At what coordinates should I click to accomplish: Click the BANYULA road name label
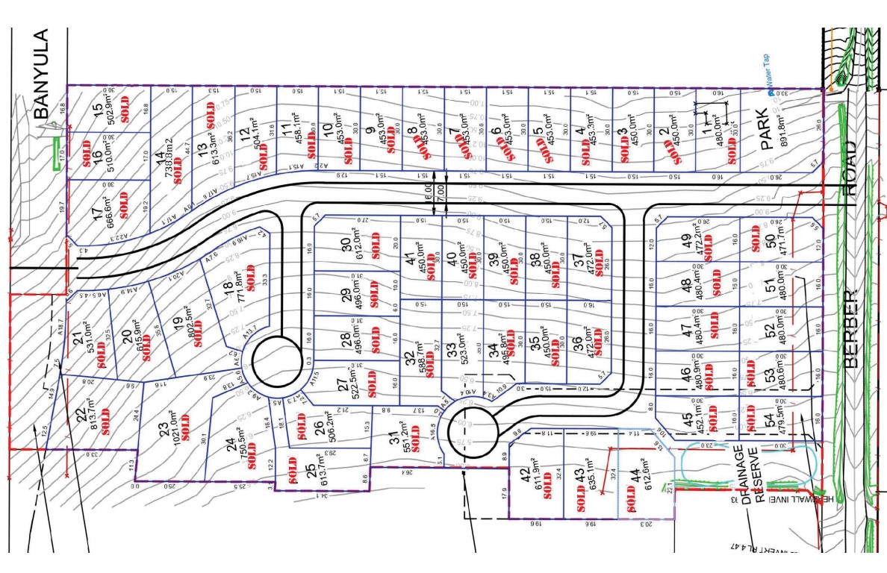pyautogui.click(x=40, y=75)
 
